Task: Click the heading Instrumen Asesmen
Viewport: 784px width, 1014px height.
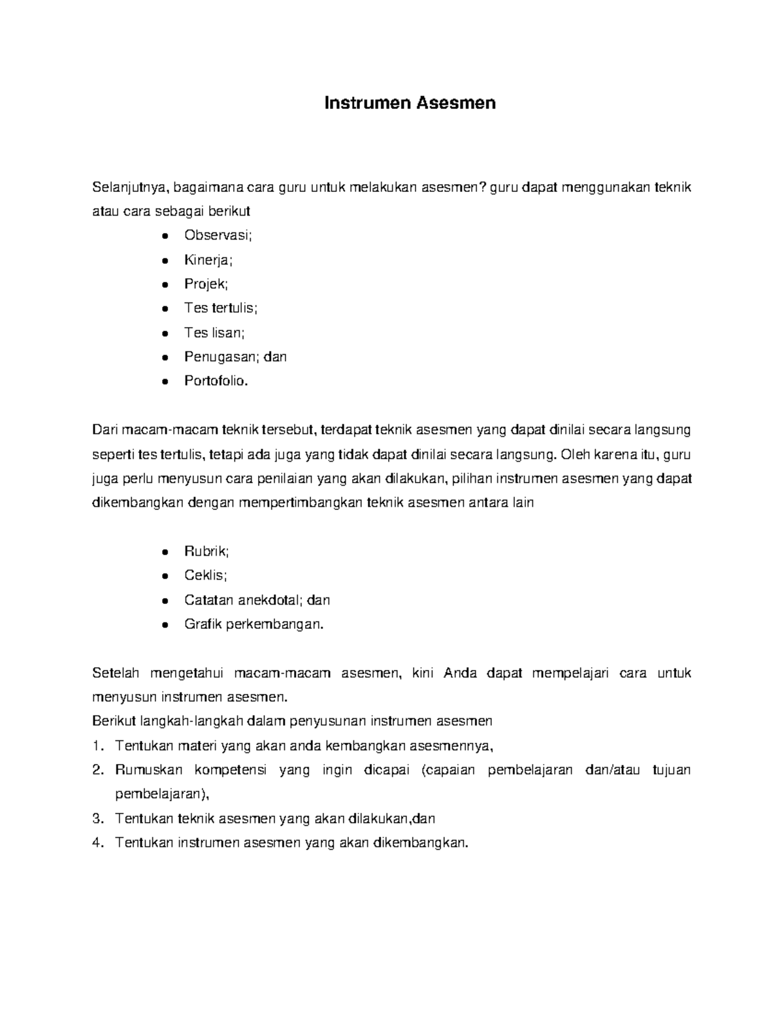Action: click(410, 103)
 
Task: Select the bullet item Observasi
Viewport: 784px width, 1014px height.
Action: click(218, 236)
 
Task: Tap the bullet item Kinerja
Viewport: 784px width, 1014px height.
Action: click(208, 260)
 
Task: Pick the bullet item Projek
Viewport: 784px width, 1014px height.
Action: click(206, 284)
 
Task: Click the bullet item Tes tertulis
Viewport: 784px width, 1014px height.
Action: click(221, 308)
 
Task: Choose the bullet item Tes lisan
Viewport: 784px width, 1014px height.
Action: click(214, 332)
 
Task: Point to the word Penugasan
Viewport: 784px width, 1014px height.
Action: click(220, 357)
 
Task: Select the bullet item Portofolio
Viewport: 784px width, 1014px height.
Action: click(216, 381)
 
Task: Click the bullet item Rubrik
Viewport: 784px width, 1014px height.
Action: click(206, 551)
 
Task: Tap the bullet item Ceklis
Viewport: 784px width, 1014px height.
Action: click(205, 575)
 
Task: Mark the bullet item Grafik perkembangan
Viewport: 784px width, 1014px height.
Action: click(253, 624)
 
